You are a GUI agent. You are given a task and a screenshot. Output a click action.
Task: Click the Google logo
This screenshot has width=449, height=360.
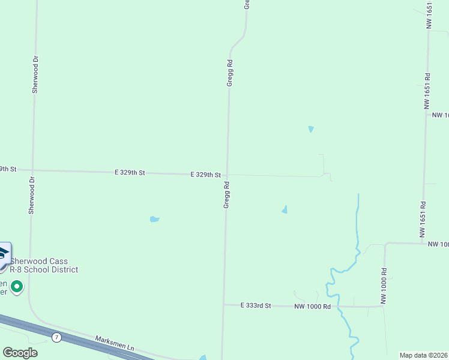[x=20, y=353]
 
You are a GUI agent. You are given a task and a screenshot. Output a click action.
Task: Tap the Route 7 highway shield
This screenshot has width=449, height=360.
[x=56, y=337]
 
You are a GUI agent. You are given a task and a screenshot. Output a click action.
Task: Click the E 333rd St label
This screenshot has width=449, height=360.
[x=256, y=305]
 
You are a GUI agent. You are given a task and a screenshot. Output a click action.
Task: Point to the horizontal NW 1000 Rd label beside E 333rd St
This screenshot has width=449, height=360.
[x=312, y=306]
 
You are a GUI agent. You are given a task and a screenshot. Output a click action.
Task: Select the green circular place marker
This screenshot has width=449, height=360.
[x=17, y=287]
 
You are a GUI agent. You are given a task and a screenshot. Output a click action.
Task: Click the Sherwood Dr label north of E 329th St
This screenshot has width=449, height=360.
[x=35, y=75]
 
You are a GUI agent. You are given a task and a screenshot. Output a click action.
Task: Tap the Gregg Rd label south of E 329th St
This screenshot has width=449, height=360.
[x=227, y=196]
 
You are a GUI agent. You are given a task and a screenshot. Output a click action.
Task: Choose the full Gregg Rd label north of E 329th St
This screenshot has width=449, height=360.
[x=229, y=73]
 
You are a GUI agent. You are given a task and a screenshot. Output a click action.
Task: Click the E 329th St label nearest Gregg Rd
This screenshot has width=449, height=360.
[x=206, y=175]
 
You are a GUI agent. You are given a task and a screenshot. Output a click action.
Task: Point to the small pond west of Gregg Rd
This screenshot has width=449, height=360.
[x=154, y=219]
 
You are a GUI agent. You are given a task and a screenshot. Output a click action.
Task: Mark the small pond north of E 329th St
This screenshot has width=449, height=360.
[x=310, y=129]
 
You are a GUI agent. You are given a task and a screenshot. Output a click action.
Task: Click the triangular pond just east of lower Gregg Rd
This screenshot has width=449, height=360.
[x=285, y=209]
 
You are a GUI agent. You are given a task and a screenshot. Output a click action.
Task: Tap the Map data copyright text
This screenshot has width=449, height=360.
[x=424, y=355]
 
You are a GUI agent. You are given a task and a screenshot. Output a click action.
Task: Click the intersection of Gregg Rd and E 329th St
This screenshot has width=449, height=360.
[x=226, y=175]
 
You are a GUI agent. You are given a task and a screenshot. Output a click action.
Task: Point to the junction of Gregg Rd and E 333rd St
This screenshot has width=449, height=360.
[x=224, y=304]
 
